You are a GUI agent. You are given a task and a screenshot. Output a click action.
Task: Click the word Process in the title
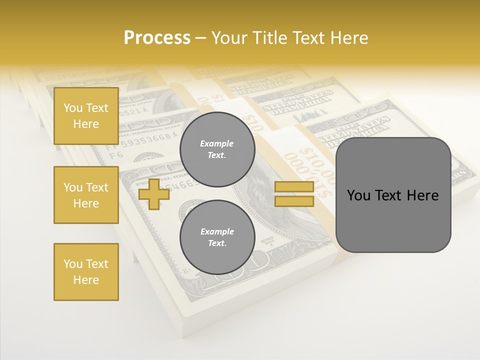[x=157, y=38]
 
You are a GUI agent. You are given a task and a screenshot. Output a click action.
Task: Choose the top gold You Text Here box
[x=86, y=116]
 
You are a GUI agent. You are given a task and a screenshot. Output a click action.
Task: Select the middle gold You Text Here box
[x=86, y=195]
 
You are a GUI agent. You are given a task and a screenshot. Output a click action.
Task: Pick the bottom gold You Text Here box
[x=86, y=272]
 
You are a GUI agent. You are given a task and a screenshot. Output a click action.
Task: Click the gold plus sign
[x=153, y=194]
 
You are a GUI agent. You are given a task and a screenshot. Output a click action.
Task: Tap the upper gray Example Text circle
[x=217, y=149]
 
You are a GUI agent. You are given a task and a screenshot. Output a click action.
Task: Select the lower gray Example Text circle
[x=217, y=237]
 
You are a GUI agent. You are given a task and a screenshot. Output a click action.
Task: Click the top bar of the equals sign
[x=294, y=187]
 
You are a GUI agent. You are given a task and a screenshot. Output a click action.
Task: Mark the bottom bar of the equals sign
[x=294, y=201]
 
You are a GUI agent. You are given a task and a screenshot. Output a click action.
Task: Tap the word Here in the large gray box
[x=422, y=195]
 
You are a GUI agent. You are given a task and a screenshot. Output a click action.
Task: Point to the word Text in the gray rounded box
[x=389, y=195]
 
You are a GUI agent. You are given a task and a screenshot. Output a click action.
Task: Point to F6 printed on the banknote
[x=116, y=155]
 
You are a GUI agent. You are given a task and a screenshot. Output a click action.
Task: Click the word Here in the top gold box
[x=86, y=124]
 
